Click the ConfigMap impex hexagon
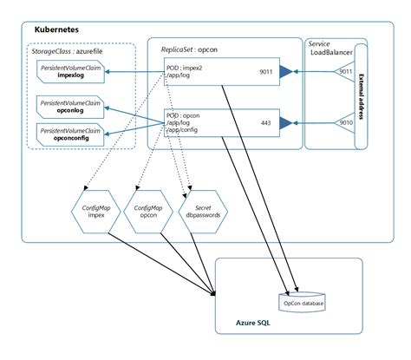coord(95,209)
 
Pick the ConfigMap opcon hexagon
coord(144,209)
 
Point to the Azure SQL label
coord(252,324)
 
